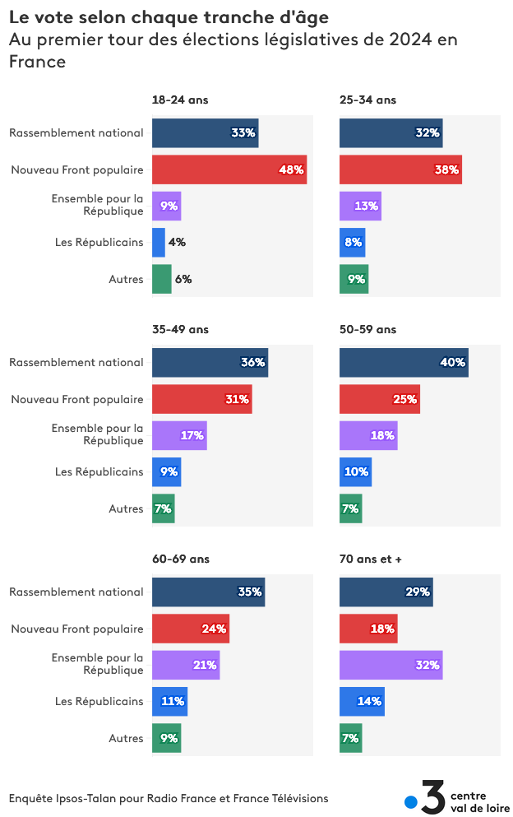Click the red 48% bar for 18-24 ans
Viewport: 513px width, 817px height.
[229, 169]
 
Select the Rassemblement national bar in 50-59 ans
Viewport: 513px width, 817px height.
[404, 362]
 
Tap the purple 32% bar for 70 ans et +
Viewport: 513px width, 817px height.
[391, 665]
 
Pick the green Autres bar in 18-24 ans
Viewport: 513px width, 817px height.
[162, 279]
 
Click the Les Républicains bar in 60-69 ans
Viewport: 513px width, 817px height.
[169, 701]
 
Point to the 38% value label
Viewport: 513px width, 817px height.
[447, 170]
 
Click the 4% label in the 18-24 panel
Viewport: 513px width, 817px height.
[177, 243]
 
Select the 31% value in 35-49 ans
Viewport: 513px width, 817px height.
[237, 400]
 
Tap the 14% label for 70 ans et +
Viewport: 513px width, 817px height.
[369, 702]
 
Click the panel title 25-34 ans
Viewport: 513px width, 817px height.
[367, 100]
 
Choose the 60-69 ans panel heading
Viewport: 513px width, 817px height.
[180, 559]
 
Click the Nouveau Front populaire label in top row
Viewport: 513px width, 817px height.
[77, 170]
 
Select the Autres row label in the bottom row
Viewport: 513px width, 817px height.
[126, 739]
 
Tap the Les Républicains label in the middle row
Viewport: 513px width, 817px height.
[99, 472]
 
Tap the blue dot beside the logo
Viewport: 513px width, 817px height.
[411, 802]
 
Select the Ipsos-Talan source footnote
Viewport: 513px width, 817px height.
[169, 798]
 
